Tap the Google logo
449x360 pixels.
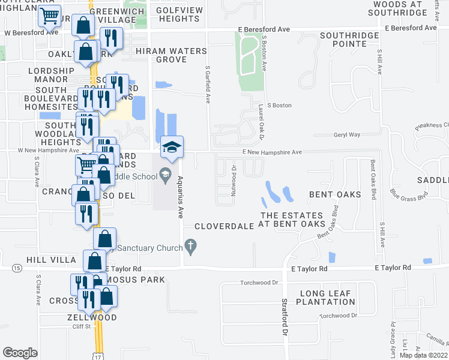[20, 353]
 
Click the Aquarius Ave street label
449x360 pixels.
[179, 195]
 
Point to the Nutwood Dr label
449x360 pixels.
[234, 177]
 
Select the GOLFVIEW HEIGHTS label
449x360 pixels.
[178, 14]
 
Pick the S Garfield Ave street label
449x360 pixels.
[208, 84]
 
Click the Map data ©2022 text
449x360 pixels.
[423, 355]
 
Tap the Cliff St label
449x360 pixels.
[80, 326]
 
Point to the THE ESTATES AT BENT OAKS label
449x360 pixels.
[291, 220]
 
